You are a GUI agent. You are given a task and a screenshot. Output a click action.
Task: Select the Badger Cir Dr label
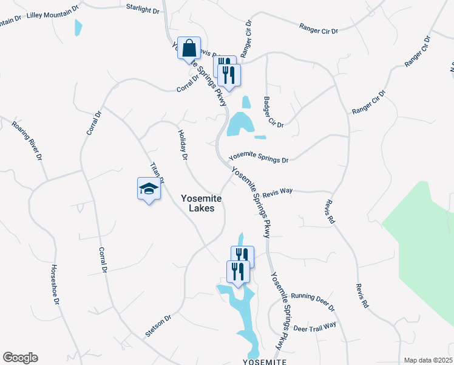tap(273, 112)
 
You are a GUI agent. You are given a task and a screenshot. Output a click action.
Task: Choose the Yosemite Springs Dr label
tap(259, 156)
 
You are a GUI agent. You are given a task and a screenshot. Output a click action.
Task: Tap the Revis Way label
tap(277, 191)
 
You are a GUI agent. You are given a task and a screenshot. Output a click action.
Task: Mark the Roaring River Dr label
tap(27, 141)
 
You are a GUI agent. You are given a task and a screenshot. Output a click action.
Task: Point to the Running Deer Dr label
tap(313, 300)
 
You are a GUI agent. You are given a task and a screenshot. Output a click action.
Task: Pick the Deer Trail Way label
tap(314, 327)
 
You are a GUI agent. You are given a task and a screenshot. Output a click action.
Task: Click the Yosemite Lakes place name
tap(202, 203)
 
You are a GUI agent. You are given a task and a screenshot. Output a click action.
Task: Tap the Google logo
tap(20, 358)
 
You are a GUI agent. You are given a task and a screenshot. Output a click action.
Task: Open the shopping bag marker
tap(189, 47)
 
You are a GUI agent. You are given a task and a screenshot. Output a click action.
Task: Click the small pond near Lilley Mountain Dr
tap(78, 28)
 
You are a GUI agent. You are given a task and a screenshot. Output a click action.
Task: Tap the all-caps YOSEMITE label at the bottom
tap(264, 361)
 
